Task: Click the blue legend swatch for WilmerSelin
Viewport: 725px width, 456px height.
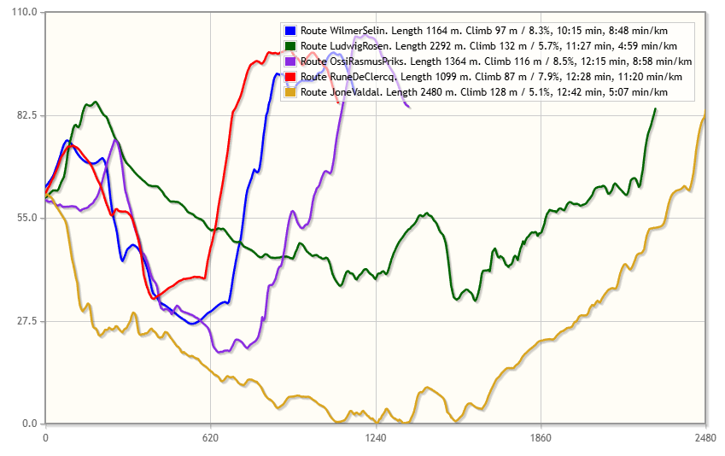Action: coord(290,31)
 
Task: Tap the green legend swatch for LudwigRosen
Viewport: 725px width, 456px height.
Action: coord(290,46)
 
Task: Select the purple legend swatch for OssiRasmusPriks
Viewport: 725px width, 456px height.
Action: coord(290,61)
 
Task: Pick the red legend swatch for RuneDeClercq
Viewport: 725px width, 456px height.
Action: coord(290,77)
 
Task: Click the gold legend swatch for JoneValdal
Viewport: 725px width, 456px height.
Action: coord(290,92)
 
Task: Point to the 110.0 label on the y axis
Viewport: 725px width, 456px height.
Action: coord(23,12)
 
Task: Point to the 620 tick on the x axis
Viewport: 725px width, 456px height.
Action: coord(210,436)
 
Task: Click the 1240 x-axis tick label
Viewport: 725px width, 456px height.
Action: coord(375,436)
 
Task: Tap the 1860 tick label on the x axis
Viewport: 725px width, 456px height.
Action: coord(540,436)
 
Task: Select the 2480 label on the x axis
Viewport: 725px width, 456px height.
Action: coord(705,436)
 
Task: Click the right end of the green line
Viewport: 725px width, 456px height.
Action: coord(655,109)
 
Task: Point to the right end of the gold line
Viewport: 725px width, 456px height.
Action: coord(705,115)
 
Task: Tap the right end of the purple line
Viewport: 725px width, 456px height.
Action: coord(409,107)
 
